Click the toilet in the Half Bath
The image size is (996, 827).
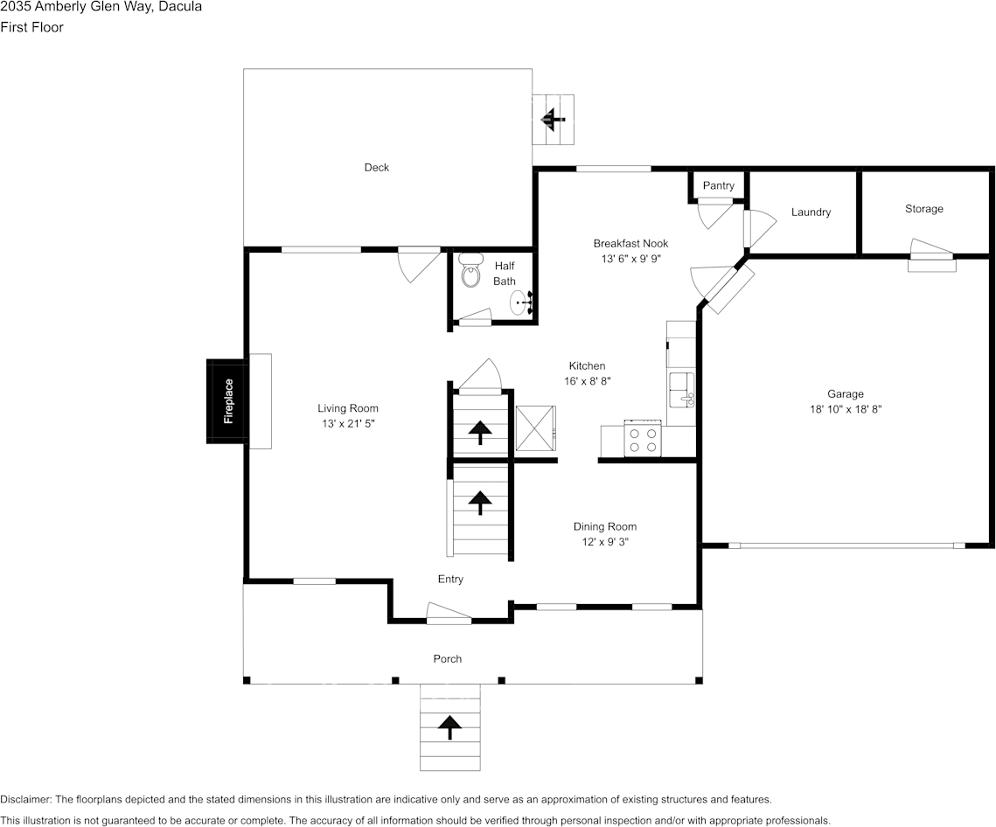471,269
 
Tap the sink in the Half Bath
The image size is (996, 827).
520,302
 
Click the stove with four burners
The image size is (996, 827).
643,438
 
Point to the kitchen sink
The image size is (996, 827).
680,389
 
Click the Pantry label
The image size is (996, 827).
719,185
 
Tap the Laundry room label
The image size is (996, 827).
811,212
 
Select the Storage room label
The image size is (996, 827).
924,209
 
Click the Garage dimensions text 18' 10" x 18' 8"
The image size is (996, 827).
846,408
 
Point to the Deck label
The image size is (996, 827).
377,167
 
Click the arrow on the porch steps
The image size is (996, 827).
450,726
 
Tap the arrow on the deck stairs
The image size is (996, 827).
552,119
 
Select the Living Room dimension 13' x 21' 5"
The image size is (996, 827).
348,424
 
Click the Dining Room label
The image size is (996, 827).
605,526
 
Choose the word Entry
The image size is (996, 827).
450,579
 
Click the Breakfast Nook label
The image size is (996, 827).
630,243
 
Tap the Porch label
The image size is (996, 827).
448,658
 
